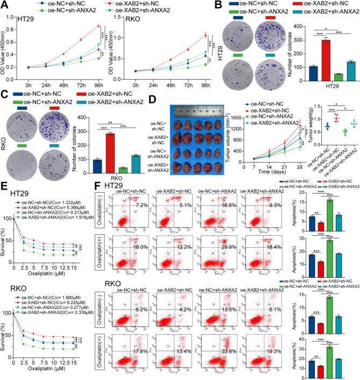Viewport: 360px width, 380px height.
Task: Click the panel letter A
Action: (5, 5)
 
